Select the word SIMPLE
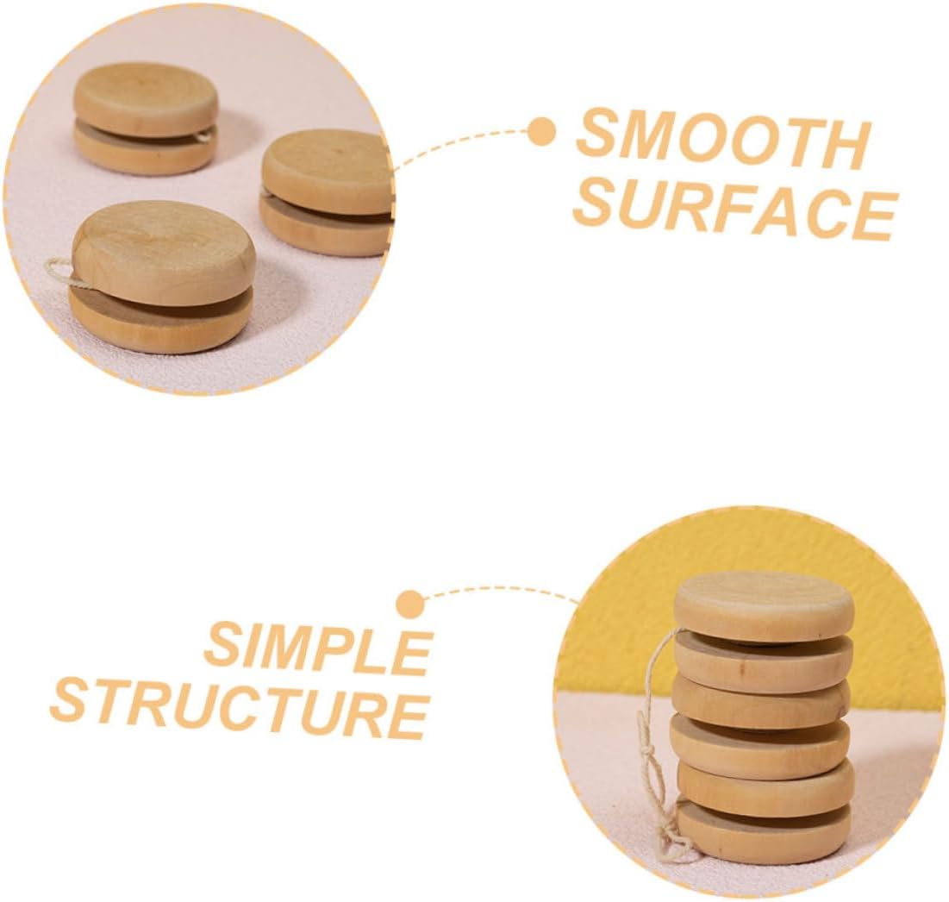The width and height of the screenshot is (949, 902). [317, 648]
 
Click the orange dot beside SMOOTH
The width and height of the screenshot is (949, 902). [541, 133]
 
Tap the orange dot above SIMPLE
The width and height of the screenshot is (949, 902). [411, 604]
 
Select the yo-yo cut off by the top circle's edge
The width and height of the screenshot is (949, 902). [328, 192]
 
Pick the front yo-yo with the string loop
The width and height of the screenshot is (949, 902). [162, 276]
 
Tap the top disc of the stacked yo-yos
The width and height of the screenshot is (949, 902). [764, 604]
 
